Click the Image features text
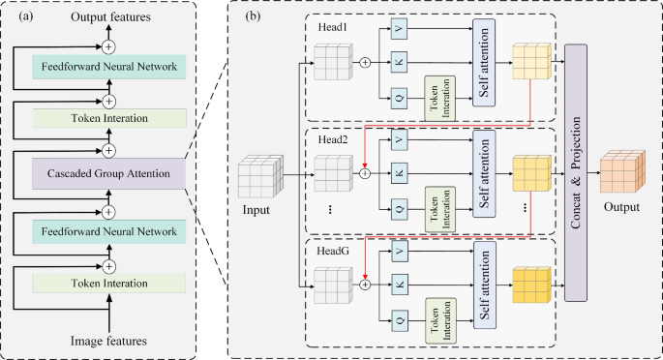[109, 340]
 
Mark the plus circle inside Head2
[365, 174]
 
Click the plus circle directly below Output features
[109, 45]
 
